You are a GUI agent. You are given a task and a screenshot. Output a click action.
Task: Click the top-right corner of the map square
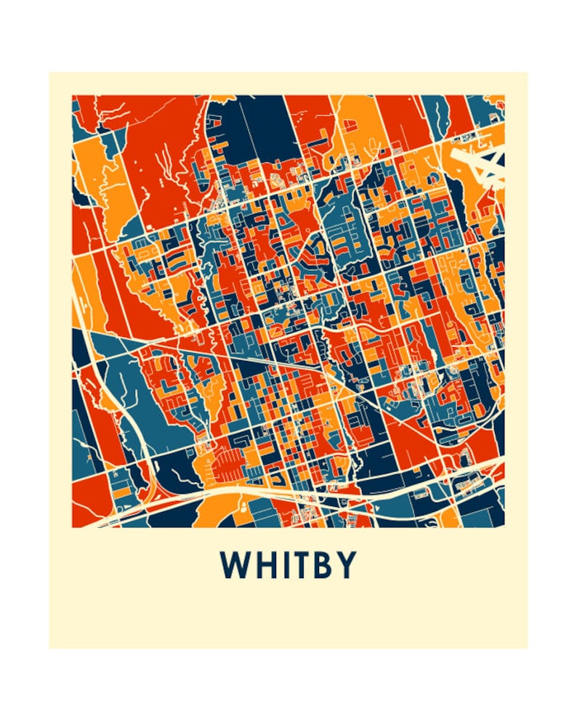coord(504,96)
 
